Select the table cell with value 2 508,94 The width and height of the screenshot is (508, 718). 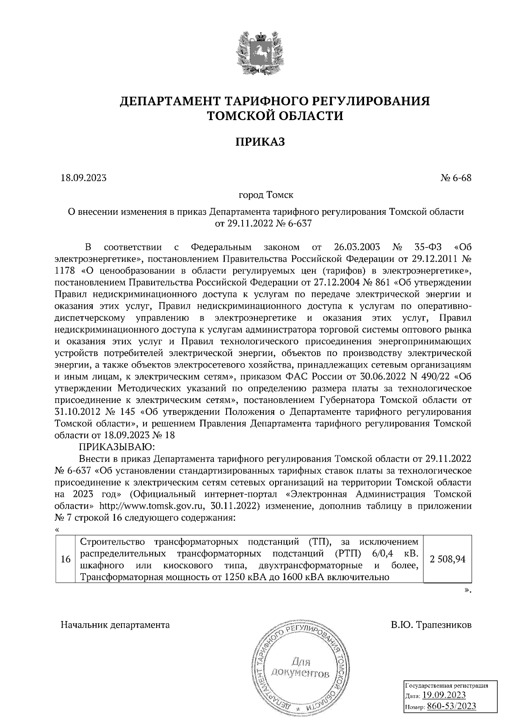click(x=447, y=559)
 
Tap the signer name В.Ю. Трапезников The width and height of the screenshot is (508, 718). click(x=431, y=625)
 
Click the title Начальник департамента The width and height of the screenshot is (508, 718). click(x=115, y=625)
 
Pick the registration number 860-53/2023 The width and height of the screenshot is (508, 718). click(x=451, y=706)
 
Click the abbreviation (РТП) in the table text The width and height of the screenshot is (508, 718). click(x=348, y=554)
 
